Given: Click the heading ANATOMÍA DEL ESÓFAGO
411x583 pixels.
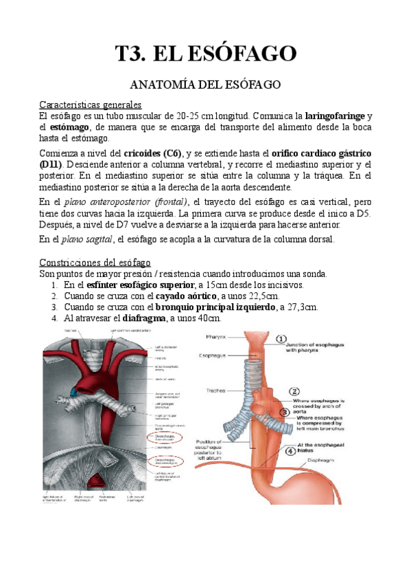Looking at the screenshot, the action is (x=206, y=85).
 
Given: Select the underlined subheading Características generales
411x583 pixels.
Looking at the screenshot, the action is (x=91, y=104).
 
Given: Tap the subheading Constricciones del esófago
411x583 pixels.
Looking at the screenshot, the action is (x=95, y=263).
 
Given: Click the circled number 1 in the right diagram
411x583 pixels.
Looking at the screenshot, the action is (x=281, y=339).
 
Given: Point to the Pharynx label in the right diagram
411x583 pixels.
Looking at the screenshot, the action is (x=222, y=337).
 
